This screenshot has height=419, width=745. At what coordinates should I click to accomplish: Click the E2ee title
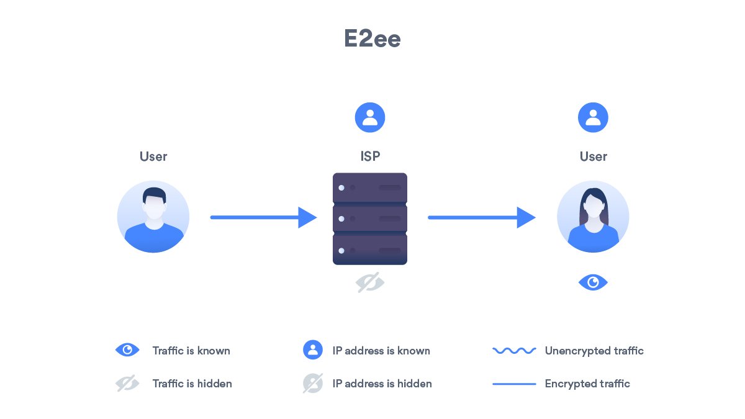372,39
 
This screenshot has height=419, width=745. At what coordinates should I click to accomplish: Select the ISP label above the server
370,156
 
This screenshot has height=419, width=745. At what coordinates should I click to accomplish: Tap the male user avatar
153,217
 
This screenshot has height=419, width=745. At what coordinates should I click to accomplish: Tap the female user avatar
593,217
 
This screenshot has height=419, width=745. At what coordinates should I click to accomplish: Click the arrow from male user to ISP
264,217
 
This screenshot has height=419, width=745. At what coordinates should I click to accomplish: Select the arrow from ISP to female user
481,217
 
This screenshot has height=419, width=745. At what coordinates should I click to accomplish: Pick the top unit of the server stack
370,187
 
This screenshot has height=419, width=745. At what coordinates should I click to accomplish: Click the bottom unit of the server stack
370,250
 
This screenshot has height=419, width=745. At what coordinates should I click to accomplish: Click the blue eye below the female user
593,283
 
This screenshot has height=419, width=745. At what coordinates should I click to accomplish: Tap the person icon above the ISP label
370,118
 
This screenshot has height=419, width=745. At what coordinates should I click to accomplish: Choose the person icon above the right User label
593,118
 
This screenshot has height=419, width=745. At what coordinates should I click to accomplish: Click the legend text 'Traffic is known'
191,351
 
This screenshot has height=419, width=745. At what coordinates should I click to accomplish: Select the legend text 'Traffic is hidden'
192,384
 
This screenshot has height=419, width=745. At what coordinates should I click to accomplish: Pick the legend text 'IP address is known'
381,351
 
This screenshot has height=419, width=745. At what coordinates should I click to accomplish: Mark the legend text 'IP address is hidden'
382,384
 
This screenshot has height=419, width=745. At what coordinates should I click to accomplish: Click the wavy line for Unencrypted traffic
514,351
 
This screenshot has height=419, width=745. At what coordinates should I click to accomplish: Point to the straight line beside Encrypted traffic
514,384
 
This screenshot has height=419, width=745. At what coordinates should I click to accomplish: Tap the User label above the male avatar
153,156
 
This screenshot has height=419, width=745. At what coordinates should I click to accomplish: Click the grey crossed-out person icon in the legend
313,383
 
